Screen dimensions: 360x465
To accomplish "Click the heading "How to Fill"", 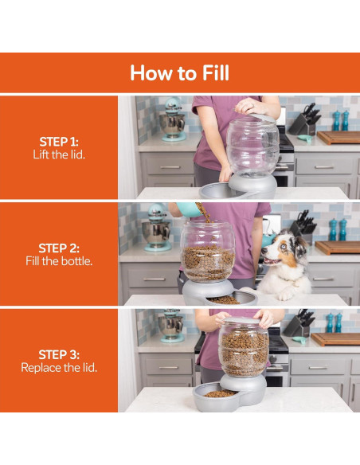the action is (x=180, y=73).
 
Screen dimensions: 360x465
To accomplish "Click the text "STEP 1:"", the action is (x=59, y=142).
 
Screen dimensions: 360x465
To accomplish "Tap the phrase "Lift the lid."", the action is (x=59, y=154).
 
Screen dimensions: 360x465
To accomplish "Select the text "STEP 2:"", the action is (x=59, y=248).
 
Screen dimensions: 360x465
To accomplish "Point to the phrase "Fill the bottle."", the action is (x=59, y=261).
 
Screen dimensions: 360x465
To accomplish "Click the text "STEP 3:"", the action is (x=59, y=354).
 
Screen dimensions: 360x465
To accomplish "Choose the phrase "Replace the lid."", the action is (x=59, y=368).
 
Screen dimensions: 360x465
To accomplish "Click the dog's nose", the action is (x=264, y=251).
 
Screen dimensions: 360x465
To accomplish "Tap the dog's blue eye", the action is (x=284, y=247).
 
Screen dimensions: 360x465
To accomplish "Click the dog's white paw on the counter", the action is (x=285, y=295).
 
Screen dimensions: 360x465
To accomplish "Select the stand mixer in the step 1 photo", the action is (x=173, y=119).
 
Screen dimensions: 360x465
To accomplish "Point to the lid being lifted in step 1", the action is (x=262, y=117).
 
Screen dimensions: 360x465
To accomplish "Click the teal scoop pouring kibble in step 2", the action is (x=189, y=209).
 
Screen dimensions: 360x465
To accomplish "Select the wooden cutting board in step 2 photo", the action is (x=338, y=247).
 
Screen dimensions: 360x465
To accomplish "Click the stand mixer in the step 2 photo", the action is (x=157, y=228).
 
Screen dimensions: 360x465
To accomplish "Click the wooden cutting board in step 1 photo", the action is (x=338, y=137).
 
